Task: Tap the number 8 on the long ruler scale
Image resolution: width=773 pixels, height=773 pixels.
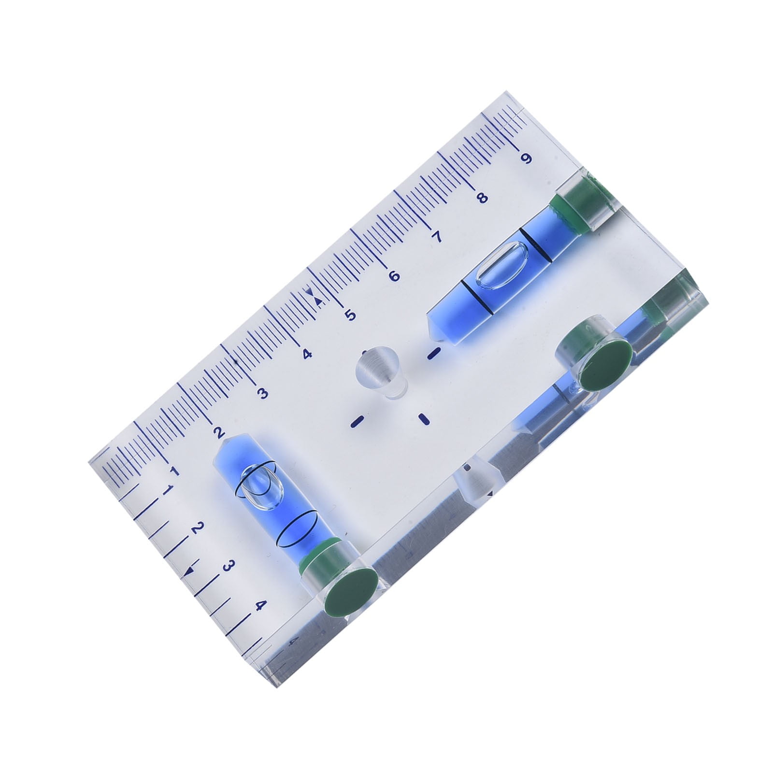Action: (482, 198)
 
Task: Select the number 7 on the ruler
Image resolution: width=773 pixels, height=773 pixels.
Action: (437, 237)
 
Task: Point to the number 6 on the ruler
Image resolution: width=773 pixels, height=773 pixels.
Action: (394, 276)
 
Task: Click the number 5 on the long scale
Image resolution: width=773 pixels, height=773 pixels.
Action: (350, 315)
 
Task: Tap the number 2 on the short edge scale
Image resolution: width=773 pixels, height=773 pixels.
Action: (197, 528)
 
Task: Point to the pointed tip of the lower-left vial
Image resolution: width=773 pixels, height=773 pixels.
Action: (223, 441)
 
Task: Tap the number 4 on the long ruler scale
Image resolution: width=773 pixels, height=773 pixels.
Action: (307, 354)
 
